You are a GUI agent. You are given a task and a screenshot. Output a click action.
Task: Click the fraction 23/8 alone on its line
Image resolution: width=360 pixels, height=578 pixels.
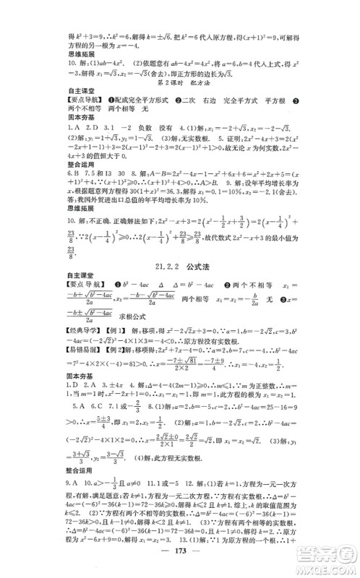point(71,256)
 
